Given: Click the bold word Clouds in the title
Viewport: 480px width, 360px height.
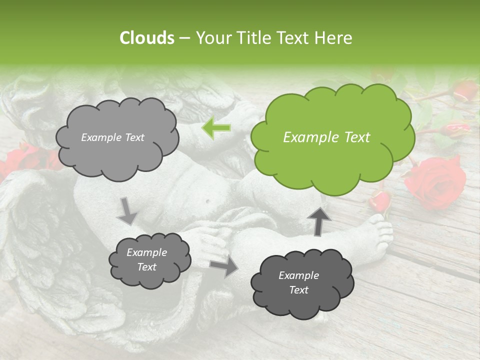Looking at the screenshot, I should click(147, 38).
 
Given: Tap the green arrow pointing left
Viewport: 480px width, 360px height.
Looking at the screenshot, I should click(216, 128).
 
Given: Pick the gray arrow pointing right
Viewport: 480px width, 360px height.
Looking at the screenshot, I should click(223, 267).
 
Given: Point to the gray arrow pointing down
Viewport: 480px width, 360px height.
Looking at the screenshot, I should click(127, 210).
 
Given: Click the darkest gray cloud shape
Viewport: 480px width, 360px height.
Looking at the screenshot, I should click(302, 283).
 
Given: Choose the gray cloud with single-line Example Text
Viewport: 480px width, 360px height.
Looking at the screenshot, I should click(116, 137).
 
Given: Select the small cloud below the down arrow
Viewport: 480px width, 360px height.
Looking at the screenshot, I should click(149, 260).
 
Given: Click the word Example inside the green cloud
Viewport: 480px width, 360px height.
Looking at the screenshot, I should click(307, 137).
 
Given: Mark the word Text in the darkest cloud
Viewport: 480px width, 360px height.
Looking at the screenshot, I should click(298, 290).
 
